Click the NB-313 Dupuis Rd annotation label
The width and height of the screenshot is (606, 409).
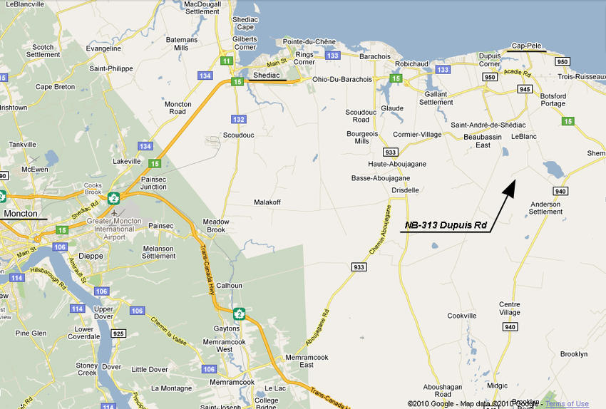point(446,225)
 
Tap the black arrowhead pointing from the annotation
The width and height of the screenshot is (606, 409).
point(510,187)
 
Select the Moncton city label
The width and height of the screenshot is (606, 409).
point(20,214)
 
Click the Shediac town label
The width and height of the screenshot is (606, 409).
point(267,75)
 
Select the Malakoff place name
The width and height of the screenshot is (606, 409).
point(267,202)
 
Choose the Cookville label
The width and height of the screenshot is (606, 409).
point(461,316)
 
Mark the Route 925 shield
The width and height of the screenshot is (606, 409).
point(118,333)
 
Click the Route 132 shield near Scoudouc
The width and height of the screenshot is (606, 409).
point(238,119)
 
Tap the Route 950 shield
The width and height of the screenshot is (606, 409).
point(489,77)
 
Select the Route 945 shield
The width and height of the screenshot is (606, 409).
point(525,89)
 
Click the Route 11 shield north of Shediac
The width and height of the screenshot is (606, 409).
point(227,61)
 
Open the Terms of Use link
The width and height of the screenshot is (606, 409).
point(568,404)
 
